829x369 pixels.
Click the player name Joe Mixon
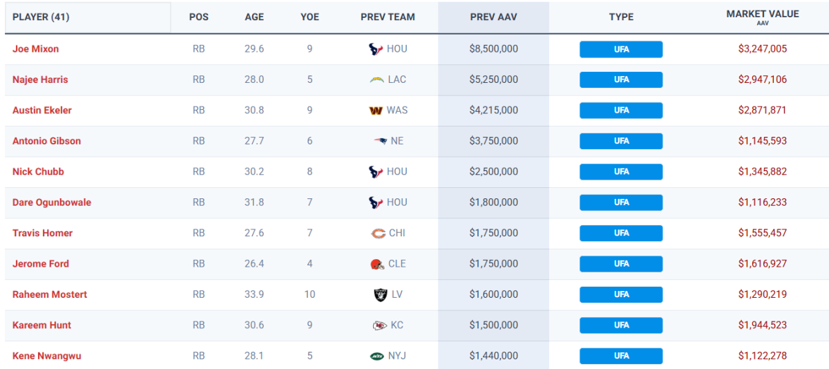point(35,49)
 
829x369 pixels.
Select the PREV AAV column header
point(493,17)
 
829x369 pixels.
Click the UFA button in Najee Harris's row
point(621,79)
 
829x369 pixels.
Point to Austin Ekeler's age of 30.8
point(254,110)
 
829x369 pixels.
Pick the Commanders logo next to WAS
point(377,111)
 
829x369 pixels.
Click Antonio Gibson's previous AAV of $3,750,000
point(493,141)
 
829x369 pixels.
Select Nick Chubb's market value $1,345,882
point(762,171)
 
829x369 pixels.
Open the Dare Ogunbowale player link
point(52,202)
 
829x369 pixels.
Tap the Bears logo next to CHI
point(377,234)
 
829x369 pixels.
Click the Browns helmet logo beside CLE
point(377,264)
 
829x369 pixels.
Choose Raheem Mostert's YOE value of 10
point(309,294)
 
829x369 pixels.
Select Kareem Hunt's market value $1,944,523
point(762,325)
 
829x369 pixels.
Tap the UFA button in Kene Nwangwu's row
point(621,356)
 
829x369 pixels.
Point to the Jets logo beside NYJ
point(377,356)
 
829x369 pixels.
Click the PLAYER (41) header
point(41,17)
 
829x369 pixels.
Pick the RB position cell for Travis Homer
point(199,233)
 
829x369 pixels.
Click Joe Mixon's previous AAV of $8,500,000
point(493,49)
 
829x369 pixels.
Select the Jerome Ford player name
point(41,264)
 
